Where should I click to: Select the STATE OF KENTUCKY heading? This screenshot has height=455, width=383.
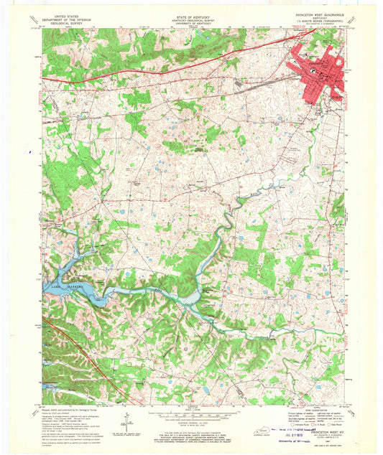(x=190, y=13)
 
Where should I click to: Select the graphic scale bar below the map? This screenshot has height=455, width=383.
(x=190, y=414)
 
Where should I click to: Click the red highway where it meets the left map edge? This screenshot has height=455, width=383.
(x=43, y=78)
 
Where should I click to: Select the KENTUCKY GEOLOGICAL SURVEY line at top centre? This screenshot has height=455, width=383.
(x=190, y=17)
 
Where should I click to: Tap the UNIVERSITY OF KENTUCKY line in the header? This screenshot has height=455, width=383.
(x=190, y=22)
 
